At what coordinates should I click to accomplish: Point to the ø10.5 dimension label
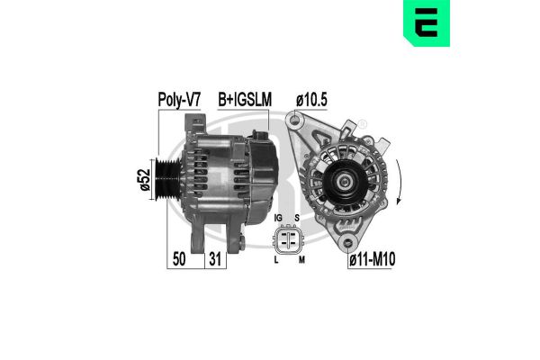311,101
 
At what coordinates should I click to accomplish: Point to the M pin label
301,259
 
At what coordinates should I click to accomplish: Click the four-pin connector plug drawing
289,238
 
